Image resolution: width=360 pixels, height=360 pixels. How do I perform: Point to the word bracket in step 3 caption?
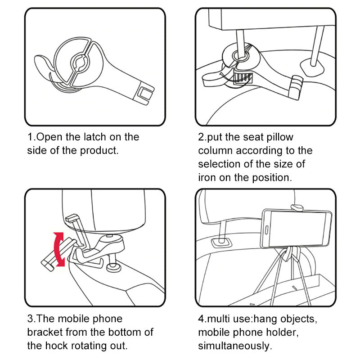(x=46, y=332)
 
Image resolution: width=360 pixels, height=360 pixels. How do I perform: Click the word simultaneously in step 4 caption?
(x=234, y=346)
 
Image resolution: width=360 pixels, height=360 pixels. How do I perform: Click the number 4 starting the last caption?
(x=201, y=319)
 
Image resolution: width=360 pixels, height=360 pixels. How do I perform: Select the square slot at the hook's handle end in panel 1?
(x=145, y=93)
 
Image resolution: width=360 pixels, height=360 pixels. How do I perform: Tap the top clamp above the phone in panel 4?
(x=297, y=207)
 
